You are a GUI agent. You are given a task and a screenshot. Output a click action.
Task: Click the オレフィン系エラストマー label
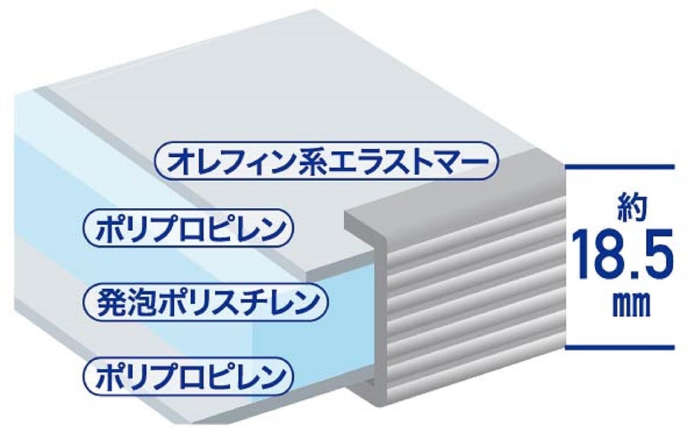coord(326,161)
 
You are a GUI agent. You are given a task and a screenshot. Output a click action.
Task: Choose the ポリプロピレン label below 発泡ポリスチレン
coord(188,374)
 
